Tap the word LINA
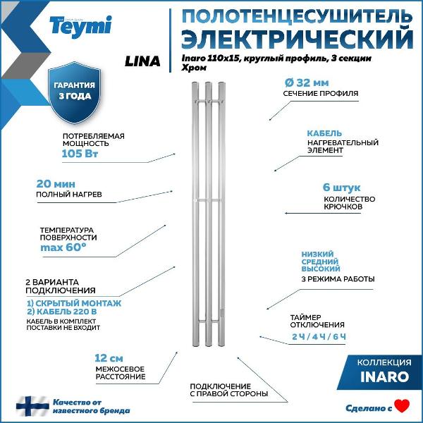tap(142, 61)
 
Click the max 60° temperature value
tap(63, 247)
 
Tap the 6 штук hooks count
tap(341, 188)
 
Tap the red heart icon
tap(402, 406)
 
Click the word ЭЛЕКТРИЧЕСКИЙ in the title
tap(298, 36)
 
